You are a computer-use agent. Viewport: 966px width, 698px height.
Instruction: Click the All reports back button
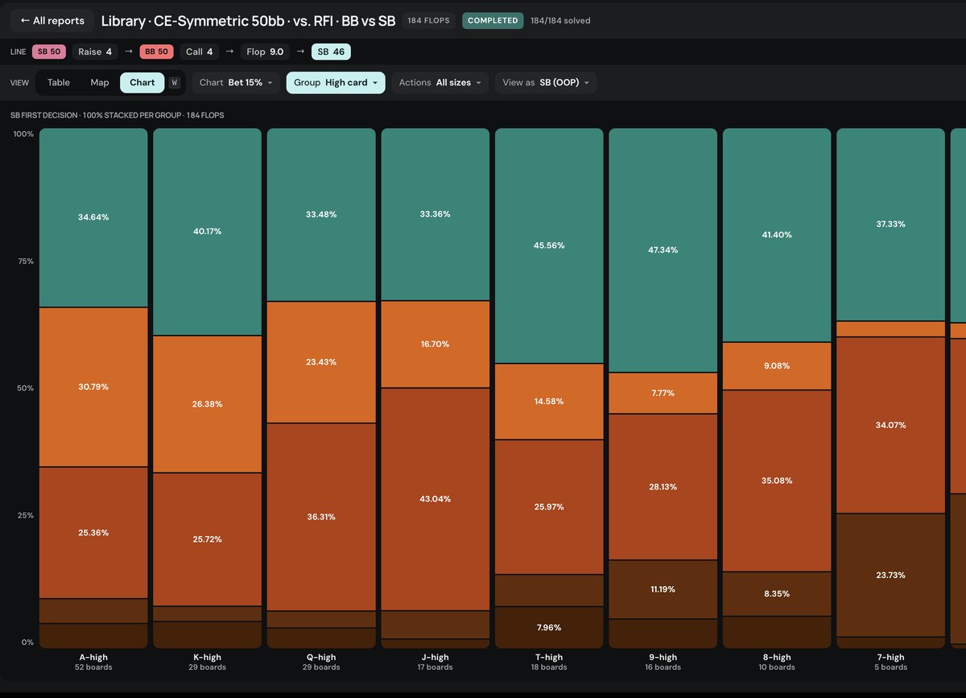pos(52,21)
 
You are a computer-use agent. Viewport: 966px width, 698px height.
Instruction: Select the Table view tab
pos(59,82)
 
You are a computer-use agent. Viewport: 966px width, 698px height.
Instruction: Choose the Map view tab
pos(100,82)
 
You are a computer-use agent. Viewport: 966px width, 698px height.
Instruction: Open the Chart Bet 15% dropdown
pos(236,82)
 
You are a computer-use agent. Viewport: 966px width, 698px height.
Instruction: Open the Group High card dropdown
pos(336,82)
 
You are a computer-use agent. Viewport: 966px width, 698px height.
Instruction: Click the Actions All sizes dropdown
pos(440,82)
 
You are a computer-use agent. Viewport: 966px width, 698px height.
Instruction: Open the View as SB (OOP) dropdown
pos(546,82)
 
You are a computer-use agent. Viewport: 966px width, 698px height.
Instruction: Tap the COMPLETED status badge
pos(493,21)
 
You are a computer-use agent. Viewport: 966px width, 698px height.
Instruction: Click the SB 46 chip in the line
pos(331,52)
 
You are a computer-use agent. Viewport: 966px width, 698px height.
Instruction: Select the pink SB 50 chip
pos(49,52)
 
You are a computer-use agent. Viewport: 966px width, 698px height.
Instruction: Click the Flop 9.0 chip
pos(265,52)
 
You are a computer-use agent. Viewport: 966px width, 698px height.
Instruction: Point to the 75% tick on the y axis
pos(26,261)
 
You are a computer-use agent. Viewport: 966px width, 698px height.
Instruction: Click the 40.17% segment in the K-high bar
pos(208,232)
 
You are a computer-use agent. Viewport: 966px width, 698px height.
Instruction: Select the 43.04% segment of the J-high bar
pos(436,499)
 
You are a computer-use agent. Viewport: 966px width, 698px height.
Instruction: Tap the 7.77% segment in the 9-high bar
pos(663,393)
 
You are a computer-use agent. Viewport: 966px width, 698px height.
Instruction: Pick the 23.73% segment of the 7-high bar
pos(890,575)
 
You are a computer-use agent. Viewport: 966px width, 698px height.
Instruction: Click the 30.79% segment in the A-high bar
pos(93,387)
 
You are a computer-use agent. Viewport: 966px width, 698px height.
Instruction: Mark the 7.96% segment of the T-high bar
pos(549,627)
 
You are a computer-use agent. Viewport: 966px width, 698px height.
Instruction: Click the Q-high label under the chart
pos(321,657)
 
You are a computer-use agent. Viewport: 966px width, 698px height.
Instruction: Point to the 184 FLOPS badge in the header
pos(428,21)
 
